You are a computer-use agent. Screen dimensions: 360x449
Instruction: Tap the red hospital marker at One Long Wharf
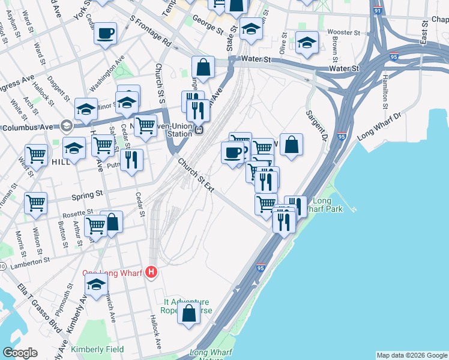[x=151, y=272]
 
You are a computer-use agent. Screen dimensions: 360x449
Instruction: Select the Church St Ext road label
[x=196, y=175]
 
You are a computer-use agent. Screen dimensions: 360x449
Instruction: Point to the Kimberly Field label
[x=97, y=349]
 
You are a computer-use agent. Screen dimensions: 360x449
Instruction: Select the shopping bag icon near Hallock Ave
[x=188, y=314]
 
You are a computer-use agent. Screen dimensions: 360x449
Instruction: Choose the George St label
[x=211, y=28]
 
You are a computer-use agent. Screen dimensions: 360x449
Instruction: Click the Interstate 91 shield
[x=376, y=11]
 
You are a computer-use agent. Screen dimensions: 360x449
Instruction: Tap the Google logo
[x=20, y=353]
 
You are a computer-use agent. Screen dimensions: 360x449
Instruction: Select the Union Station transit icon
[x=197, y=129]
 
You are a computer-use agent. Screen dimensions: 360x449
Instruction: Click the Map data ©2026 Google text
[x=411, y=355]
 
